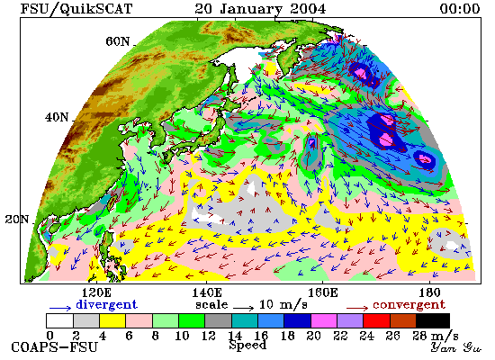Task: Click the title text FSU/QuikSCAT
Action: coord(76,8)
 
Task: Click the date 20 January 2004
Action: coord(260,8)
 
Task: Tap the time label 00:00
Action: coord(460,8)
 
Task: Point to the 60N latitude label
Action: coord(118,41)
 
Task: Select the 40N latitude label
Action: coord(57,117)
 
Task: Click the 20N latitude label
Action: coord(17,220)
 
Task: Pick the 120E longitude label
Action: coord(96,292)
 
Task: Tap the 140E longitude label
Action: coord(207,292)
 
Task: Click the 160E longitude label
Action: coord(322,292)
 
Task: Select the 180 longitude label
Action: coord(430,292)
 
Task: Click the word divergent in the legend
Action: coord(107,304)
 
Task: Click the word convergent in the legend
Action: coord(409,305)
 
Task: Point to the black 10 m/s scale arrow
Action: coord(243,307)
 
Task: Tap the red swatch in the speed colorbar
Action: coord(376,320)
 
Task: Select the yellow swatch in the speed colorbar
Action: coord(112,320)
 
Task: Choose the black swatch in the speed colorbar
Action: coord(433,320)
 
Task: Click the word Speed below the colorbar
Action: coord(247,346)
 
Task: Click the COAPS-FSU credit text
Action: coord(55,347)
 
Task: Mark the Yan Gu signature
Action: coord(456,347)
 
